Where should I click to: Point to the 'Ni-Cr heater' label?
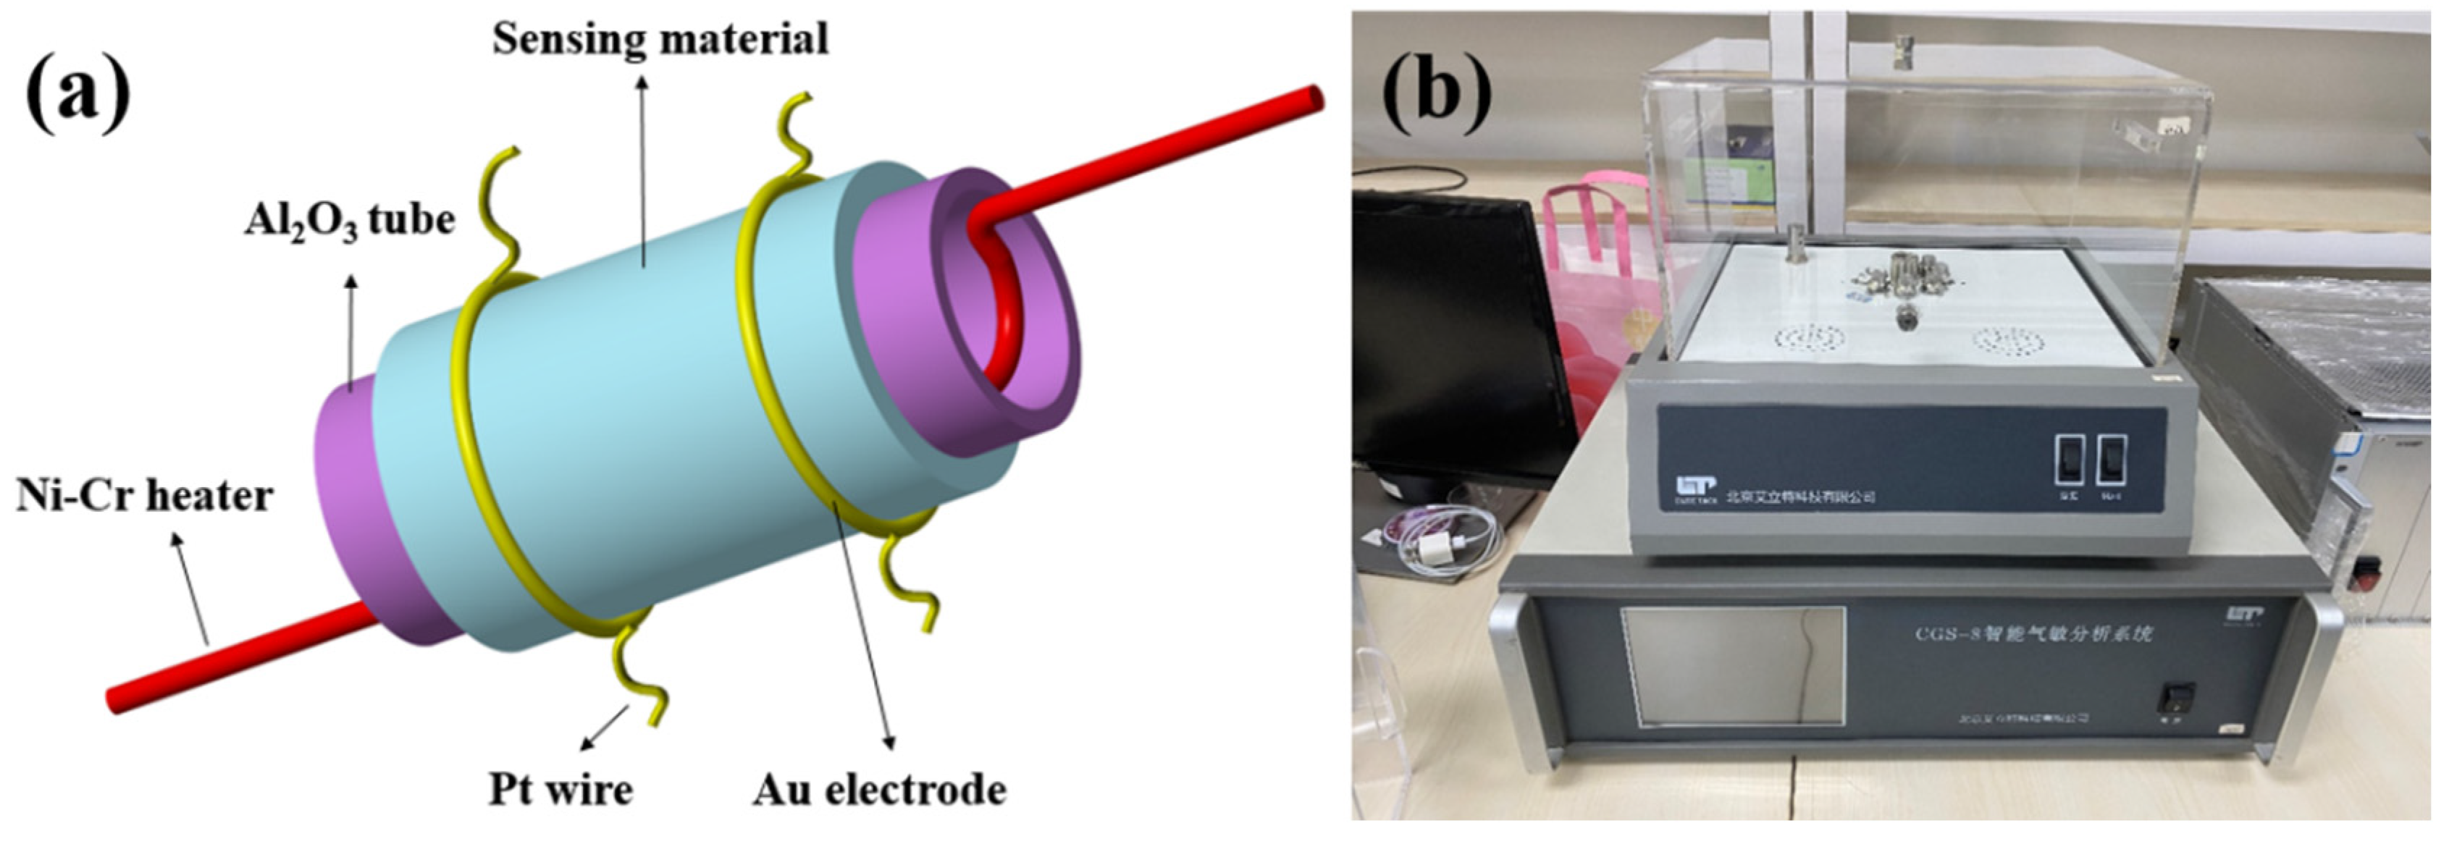pos(145,496)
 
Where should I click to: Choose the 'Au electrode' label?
pos(879,790)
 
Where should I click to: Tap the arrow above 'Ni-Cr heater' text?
pos(190,589)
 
